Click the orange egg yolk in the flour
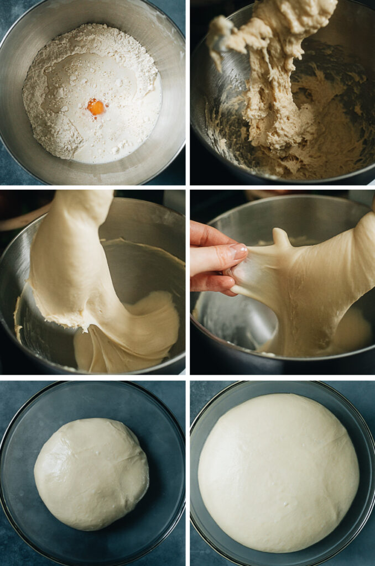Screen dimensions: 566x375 pos(96,107)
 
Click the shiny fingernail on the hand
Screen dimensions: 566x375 pos(239,251)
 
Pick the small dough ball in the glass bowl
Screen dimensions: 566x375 pos(91,473)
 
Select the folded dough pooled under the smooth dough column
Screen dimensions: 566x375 pos(133,332)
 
